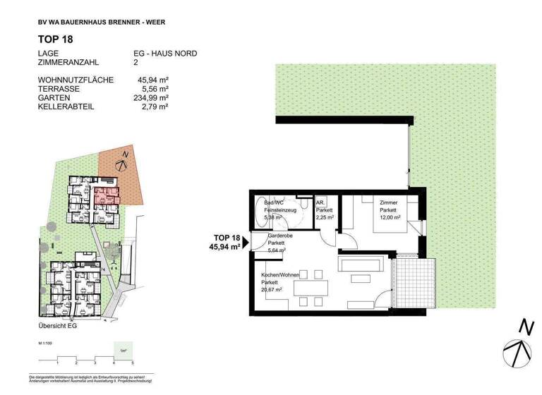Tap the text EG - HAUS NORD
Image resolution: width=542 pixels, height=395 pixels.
click(166, 54)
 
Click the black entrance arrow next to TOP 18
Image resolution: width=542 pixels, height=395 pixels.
click(245, 242)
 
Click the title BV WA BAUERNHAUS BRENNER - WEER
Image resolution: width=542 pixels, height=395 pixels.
click(102, 22)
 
